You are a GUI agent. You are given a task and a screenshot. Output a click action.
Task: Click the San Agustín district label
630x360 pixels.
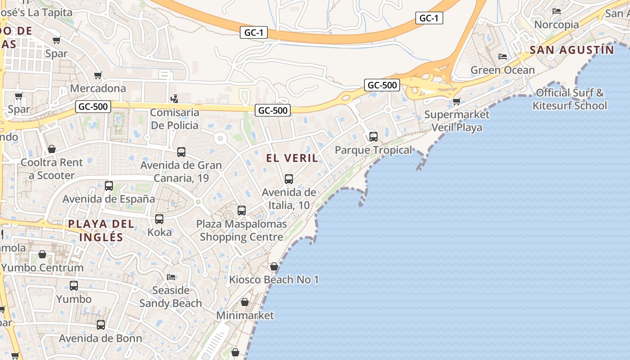point(571,49)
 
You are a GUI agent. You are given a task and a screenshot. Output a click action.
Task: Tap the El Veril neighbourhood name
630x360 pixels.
point(292,158)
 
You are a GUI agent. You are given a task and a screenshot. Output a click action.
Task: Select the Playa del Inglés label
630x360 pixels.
point(101,230)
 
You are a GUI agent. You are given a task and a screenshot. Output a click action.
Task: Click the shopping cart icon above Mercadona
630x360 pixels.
point(98,75)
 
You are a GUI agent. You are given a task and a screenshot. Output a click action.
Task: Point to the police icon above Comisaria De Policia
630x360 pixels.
point(174,99)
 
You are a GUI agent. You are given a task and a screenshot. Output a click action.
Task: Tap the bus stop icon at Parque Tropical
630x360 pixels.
point(373,136)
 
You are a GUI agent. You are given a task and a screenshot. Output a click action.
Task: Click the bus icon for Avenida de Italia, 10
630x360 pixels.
point(289,179)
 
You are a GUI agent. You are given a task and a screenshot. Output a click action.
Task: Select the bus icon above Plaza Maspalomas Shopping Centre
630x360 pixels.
point(242,210)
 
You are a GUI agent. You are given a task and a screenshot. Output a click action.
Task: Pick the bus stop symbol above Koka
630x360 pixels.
point(159,219)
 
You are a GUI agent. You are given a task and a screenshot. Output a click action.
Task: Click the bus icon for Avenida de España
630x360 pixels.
point(109,185)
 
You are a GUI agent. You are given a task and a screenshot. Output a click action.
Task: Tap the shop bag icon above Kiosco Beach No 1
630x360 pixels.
point(274,266)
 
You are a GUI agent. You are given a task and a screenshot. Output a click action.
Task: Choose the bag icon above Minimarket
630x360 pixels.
point(245,301)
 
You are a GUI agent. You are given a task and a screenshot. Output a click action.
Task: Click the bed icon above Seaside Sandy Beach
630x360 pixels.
point(171,277)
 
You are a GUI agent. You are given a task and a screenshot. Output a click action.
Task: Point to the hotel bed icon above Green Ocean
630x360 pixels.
point(503,57)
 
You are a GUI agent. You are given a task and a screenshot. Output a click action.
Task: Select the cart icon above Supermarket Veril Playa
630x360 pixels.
point(456,101)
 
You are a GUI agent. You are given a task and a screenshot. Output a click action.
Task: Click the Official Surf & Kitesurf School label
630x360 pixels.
point(570,99)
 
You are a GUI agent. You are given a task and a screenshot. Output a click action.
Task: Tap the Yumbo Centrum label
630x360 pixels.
point(42,268)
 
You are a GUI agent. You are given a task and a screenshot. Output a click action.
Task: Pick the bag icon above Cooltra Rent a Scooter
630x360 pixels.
point(52,149)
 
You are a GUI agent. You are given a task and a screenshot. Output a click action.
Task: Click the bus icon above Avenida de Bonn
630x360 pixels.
point(101,325)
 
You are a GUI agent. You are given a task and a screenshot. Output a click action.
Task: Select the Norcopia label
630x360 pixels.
point(556,24)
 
